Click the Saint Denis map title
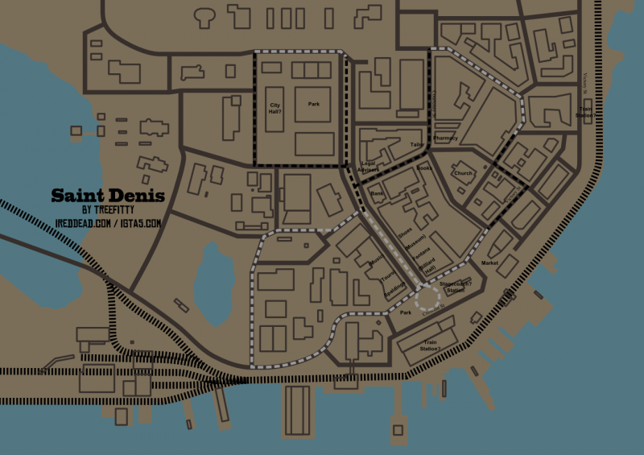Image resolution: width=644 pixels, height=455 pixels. coord(108,196)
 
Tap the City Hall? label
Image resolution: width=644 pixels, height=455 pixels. coord(275,108)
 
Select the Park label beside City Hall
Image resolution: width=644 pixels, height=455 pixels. coord(313,104)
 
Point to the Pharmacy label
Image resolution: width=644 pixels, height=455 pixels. coord(445,138)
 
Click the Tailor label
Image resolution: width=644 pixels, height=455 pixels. coord(417,145)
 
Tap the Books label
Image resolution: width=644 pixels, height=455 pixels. coord(424,168)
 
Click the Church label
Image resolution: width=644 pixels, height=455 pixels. coord(463,173)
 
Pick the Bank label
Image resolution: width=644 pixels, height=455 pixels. coord(378,194)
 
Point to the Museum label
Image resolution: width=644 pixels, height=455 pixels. coord(415,242)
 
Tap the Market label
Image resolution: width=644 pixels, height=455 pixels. coord(489,263)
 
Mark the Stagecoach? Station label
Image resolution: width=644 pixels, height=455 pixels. coord(456,287)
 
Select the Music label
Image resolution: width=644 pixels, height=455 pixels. coord(375,263)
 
